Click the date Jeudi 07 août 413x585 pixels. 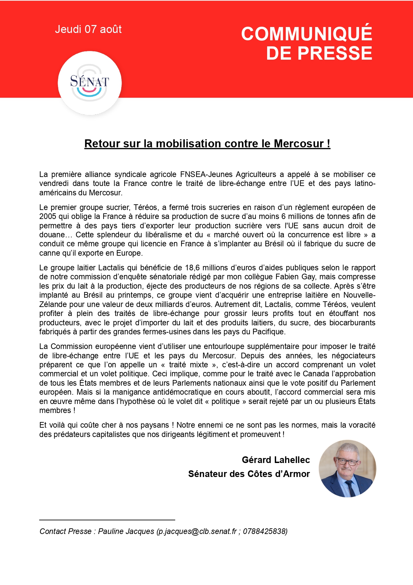click(x=88, y=29)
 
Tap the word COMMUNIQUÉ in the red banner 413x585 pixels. click(x=306, y=34)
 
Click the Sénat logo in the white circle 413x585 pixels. click(x=90, y=83)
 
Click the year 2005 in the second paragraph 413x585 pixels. click(x=48, y=216)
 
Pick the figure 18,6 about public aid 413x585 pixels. click(x=193, y=268)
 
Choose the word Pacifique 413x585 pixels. click(x=268, y=332)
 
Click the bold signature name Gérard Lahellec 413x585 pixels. click(x=276, y=460)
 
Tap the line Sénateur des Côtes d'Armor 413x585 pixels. click(x=249, y=474)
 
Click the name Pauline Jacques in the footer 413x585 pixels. click(x=126, y=531)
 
